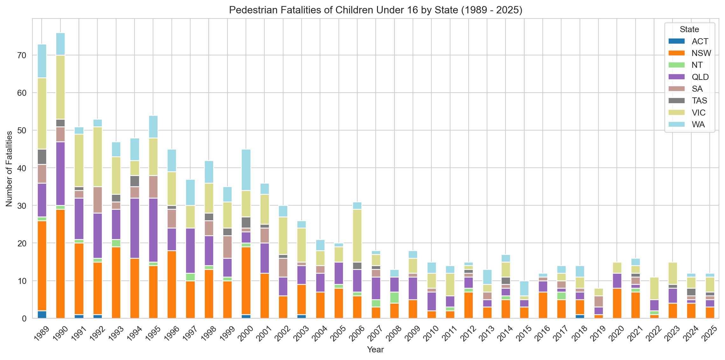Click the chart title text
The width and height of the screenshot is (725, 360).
click(375, 10)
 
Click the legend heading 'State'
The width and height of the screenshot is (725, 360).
click(689, 30)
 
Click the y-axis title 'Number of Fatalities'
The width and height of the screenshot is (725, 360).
click(9, 168)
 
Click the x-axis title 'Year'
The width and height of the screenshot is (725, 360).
click(375, 349)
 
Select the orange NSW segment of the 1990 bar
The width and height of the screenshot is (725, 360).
click(60, 264)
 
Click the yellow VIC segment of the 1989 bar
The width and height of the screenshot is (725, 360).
click(42, 114)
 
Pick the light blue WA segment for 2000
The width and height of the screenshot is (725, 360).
click(246, 170)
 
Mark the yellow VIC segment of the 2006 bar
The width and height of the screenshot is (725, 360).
click(357, 236)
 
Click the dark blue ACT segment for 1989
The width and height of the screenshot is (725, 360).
click(42, 314)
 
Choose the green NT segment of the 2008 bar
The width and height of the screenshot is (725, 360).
click(394, 298)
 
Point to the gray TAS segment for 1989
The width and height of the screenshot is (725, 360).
click(42, 157)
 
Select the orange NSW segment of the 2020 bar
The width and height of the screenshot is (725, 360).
click(617, 303)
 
